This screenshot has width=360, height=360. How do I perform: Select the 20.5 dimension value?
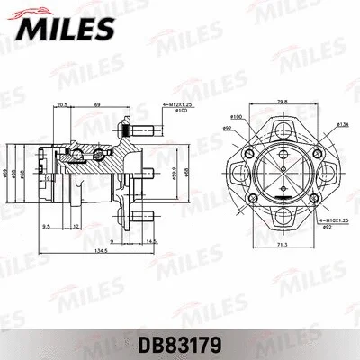(61, 105)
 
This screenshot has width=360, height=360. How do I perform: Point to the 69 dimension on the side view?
(97, 105)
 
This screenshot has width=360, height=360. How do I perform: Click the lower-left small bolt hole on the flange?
(248, 201)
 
